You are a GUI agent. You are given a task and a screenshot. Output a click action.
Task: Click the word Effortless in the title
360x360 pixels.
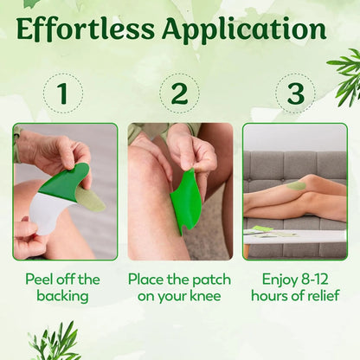tap(84, 30)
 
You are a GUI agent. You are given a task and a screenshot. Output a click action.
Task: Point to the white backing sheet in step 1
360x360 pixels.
tap(44, 213)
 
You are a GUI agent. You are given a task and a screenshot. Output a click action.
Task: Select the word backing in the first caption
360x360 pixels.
tap(61, 296)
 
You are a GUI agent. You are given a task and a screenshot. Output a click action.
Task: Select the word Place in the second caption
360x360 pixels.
tap(149, 280)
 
